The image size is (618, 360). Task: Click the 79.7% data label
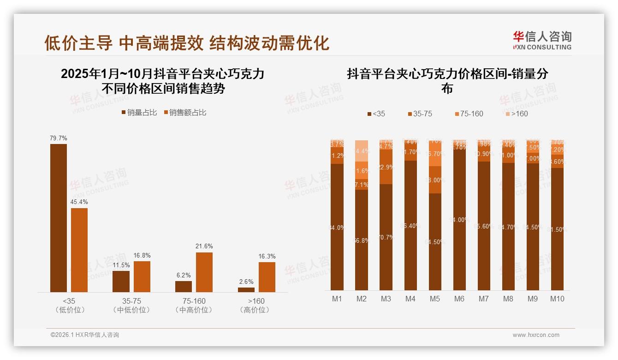[x=59, y=138]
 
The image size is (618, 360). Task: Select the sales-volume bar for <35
[x=59, y=218]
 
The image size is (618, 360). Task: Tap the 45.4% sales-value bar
[x=79, y=250]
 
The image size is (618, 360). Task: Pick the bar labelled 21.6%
[x=204, y=272]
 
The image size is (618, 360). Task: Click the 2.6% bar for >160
[x=246, y=289]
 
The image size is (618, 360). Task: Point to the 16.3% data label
[x=267, y=256]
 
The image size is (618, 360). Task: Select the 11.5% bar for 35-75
[x=121, y=281]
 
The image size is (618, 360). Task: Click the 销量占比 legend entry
[x=139, y=113]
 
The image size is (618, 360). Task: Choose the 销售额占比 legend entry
[x=184, y=113]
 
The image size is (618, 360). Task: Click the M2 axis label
[x=362, y=299]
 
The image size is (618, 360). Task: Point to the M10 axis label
[x=557, y=299]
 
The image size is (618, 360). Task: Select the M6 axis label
[x=459, y=299]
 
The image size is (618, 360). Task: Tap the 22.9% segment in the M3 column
[x=386, y=167]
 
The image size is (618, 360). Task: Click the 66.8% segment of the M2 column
[x=362, y=240]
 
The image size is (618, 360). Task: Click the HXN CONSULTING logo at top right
[x=542, y=40]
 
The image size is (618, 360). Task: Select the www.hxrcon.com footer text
[x=536, y=335]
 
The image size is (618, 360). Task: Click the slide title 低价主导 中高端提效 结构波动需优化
[x=186, y=43]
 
